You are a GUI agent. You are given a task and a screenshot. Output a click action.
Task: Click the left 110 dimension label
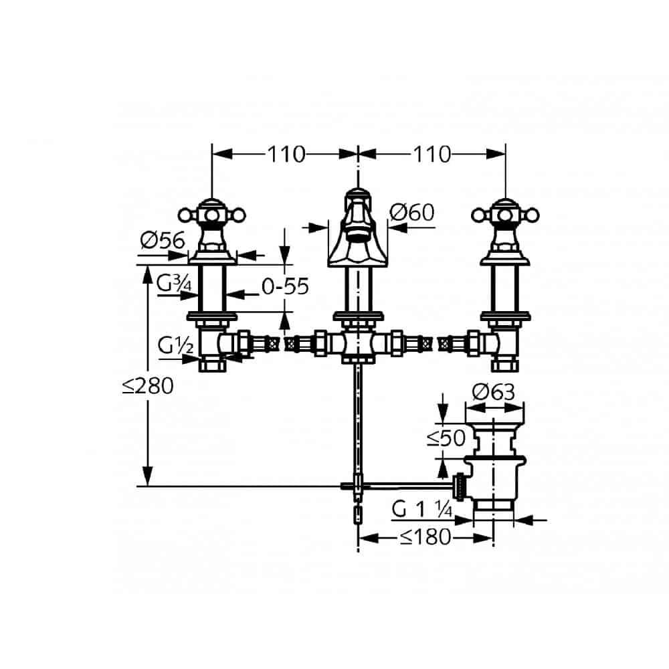[x=286, y=154]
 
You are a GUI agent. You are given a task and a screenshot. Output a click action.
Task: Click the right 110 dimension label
[x=431, y=154]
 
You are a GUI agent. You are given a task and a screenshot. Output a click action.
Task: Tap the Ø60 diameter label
[x=411, y=212]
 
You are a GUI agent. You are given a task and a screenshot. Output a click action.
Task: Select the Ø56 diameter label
[x=163, y=241]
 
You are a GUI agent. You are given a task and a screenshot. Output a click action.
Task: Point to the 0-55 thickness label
[x=285, y=286]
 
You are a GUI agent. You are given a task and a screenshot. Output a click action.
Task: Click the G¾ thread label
[x=174, y=283]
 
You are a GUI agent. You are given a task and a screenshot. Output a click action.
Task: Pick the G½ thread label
[x=175, y=345]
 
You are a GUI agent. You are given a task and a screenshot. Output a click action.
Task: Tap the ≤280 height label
[x=148, y=386]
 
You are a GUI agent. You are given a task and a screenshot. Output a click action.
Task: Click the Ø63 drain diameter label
[x=494, y=392]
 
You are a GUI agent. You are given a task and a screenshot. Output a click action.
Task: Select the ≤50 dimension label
[x=446, y=438]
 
